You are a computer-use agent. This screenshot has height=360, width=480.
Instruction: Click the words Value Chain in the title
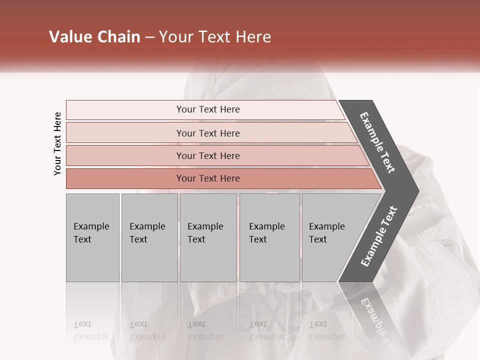94,37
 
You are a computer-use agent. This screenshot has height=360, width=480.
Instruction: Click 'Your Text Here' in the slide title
215,37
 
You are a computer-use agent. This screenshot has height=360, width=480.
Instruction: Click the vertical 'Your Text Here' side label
57,144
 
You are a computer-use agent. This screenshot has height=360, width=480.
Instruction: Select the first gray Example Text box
92,237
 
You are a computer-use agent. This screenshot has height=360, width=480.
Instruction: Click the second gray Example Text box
149,237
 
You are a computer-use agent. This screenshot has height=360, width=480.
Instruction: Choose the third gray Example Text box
208,237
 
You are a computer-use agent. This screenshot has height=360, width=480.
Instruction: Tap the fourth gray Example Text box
269,237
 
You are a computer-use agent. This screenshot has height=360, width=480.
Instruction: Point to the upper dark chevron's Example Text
377,142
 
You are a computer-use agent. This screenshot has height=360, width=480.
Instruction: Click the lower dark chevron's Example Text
379,236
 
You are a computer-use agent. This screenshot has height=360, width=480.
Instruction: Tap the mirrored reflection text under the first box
91,330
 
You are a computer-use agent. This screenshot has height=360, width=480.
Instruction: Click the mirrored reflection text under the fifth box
326,330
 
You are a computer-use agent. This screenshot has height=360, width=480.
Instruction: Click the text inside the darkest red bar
208,178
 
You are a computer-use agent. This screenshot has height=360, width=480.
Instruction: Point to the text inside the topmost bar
208,109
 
